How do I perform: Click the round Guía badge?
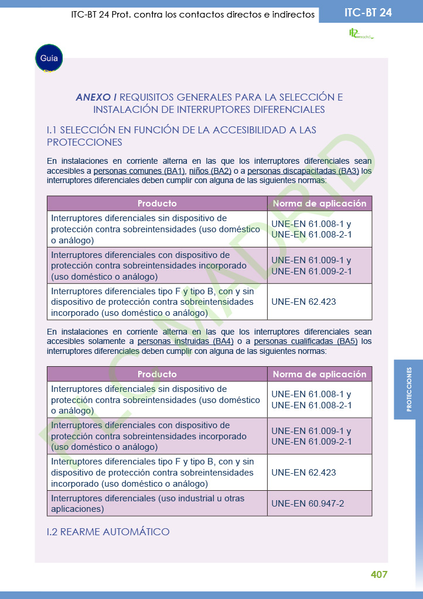[49, 58]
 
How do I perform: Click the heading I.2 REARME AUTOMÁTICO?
[108, 532]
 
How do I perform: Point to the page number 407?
[379, 574]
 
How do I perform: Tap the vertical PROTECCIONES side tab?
[409, 389]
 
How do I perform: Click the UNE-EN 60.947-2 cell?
[308, 504]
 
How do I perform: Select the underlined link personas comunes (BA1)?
[139, 171]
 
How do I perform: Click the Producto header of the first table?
[157, 204]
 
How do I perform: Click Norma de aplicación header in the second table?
[319, 374]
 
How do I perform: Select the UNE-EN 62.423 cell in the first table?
[303, 302]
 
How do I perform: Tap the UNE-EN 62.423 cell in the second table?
[303, 473]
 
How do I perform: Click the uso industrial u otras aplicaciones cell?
[148, 504]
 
